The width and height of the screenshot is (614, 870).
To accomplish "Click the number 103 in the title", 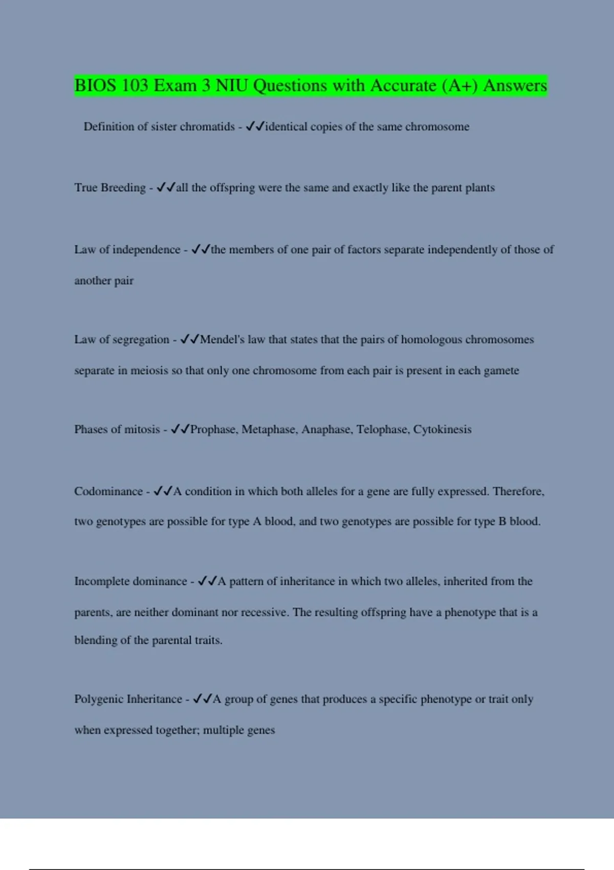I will pyautogui.click(x=135, y=85).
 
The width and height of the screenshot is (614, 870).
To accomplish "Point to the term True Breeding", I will pyautogui.click(x=110, y=188).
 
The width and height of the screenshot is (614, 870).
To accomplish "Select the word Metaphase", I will pyautogui.click(x=269, y=429).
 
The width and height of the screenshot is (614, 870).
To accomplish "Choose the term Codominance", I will pyautogui.click(x=108, y=491).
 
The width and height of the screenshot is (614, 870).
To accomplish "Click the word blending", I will pyautogui.click(x=96, y=640).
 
